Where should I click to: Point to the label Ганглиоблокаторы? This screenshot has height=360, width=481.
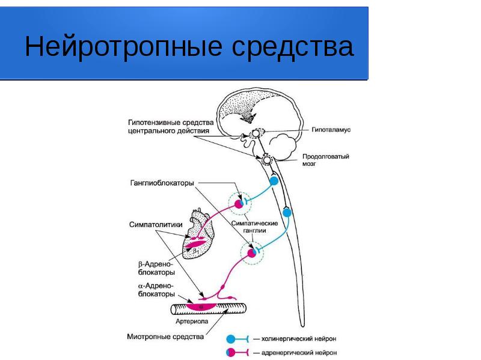[162, 183]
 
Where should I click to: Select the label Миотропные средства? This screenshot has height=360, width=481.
[166, 337]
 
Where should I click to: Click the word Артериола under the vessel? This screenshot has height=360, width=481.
[192, 322]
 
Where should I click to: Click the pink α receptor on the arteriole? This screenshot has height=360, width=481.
[201, 307]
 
